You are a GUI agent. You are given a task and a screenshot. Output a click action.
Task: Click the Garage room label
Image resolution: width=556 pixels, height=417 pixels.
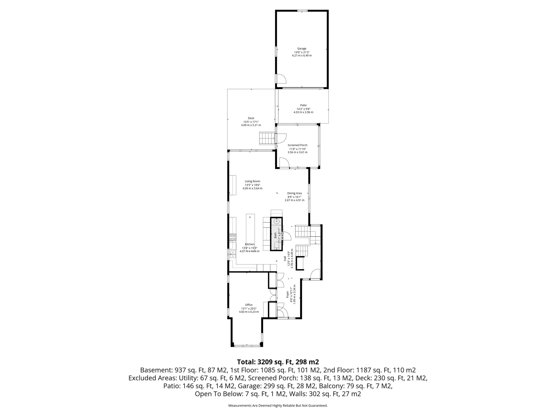302,48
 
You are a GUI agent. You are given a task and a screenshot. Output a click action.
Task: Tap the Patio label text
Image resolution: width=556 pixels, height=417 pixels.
303,105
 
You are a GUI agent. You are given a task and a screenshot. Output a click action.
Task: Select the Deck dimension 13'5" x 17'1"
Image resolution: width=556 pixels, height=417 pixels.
251,122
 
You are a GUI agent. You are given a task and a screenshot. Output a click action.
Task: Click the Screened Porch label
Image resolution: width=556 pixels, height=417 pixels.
297,145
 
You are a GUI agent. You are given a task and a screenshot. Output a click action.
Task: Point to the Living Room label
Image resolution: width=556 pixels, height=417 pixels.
252,181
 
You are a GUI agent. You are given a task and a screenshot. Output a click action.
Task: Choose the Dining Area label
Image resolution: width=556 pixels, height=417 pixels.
294,193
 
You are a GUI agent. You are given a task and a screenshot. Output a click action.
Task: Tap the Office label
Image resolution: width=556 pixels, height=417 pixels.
249,305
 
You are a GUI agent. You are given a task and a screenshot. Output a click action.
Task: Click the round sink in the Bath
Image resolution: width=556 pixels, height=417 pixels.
276,222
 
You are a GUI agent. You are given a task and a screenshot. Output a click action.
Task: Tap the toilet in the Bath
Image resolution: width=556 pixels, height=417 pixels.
276,245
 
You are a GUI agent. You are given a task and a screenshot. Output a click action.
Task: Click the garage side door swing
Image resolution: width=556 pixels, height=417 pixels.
281,79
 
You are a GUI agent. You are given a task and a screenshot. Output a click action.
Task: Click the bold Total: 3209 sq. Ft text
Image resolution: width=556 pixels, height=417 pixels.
278,362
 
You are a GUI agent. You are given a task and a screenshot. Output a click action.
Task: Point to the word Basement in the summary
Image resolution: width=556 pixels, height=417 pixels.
155,370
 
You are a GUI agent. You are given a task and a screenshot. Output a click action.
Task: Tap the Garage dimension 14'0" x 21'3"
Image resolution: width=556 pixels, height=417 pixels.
302,52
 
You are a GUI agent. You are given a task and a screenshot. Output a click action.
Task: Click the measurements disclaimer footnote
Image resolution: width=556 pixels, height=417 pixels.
278,405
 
